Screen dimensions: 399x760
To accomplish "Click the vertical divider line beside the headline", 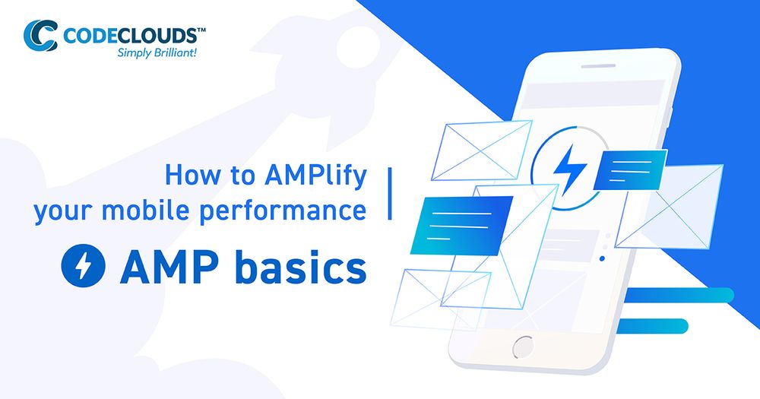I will pos(390,194).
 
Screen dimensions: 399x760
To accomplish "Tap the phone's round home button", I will pos(523,348).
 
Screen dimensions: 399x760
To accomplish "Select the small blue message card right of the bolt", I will pos(630,169).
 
